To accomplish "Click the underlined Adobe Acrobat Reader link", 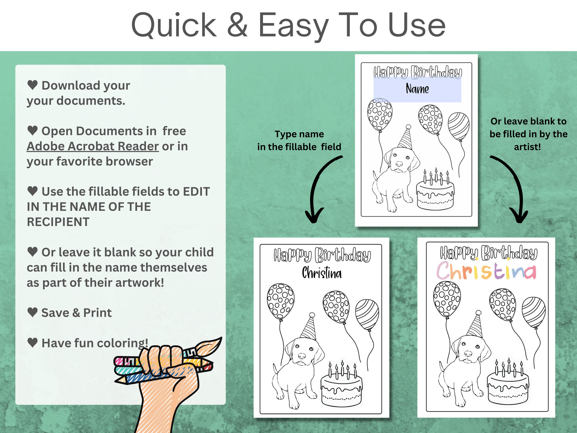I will (93, 146).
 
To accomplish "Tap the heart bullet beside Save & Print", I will (33, 312).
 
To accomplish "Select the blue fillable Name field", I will (417, 90).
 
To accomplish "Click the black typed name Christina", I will (322, 273).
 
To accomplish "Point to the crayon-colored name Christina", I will (486, 271).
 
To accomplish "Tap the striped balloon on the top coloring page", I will (458, 127).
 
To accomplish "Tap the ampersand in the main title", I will (237, 25).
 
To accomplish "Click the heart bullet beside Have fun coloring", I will (33, 342).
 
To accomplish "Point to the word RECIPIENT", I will (58, 222).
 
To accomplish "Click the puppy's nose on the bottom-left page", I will (302, 356).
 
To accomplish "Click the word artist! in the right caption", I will (527, 147).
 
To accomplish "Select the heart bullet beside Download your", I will (33, 85).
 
